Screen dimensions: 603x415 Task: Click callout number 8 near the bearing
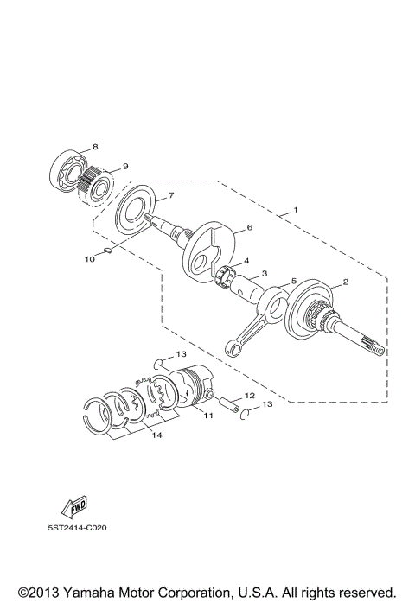[95, 147]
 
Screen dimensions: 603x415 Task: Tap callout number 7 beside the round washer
[171, 195]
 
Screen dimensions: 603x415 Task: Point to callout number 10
[88, 257]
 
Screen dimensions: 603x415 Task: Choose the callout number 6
[249, 227]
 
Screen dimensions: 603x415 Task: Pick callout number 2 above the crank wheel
[346, 282]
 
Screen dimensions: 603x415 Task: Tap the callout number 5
[294, 281]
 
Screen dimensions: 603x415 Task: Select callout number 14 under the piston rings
[156, 435]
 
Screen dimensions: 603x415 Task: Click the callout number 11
[208, 415]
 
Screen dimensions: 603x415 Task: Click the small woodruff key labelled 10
[105, 251]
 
